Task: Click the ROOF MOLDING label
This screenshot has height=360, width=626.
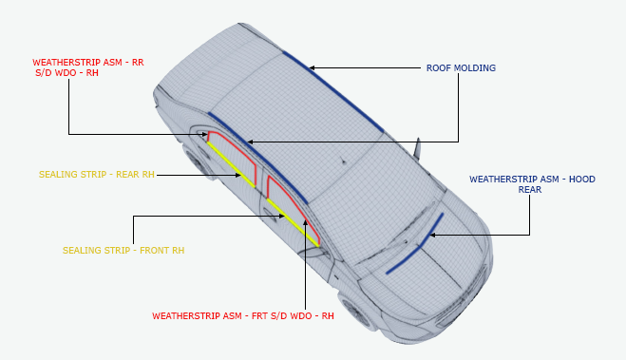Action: [460, 68]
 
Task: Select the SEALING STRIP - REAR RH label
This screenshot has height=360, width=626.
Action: [96, 175]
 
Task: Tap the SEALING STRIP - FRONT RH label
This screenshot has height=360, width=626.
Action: [123, 251]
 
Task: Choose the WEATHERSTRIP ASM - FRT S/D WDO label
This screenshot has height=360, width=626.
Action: [243, 315]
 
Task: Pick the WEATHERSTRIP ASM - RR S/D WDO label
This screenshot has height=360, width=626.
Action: [86, 66]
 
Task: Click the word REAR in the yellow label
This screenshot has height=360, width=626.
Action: [123, 175]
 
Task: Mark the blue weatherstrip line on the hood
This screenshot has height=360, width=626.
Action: [416, 246]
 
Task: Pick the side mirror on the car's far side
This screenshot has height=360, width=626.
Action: [417, 149]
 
